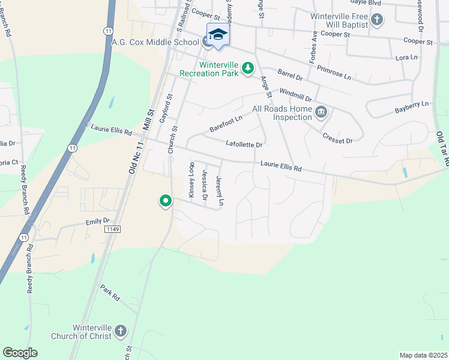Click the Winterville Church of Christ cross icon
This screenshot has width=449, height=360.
(x=120, y=331)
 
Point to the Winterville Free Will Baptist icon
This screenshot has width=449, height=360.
(x=376, y=20)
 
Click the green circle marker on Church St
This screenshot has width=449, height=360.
(x=165, y=202)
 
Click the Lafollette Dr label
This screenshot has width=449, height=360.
(x=244, y=144)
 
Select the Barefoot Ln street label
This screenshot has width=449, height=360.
(x=226, y=123)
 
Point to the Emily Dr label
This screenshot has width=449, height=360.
(x=98, y=221)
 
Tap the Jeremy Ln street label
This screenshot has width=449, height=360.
(x=220, y=191)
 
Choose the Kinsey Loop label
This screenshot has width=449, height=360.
(x=191, y=179)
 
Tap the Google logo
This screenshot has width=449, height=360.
(x=20, y=353)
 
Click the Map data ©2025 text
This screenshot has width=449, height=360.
(x=423, y=355)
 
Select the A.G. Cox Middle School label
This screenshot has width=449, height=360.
(x=155, y=43)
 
